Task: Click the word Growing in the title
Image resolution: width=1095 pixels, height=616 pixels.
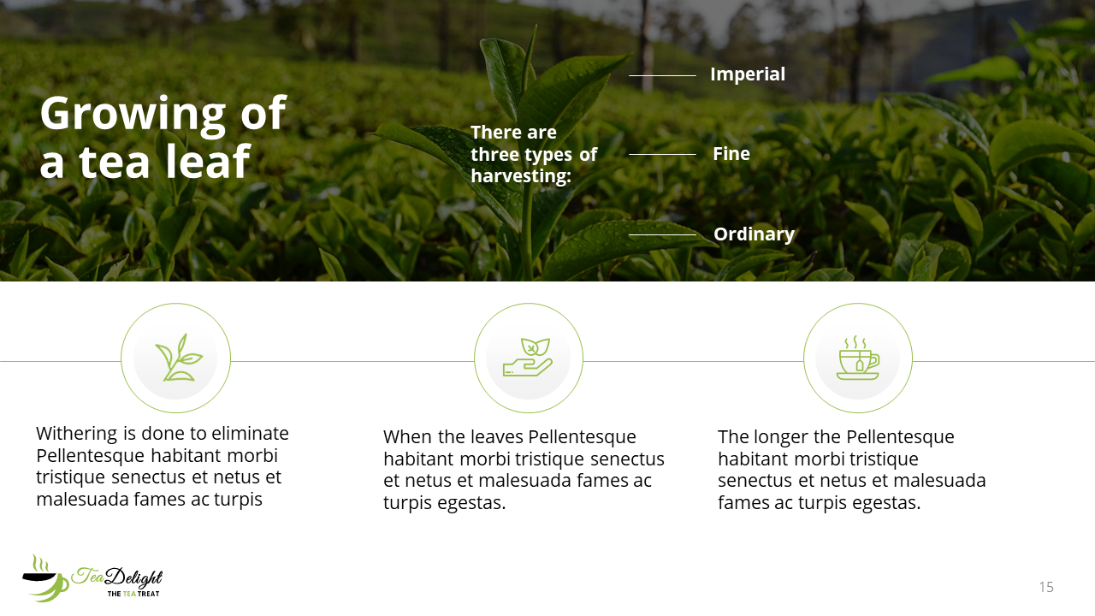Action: pos(133,115)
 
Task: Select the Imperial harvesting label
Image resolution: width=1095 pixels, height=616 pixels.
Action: pos(748,74)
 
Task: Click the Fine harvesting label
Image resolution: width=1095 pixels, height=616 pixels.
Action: pos(731,154)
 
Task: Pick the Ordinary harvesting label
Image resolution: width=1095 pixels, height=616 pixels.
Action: pos(754,234)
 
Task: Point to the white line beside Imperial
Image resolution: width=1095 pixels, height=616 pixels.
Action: pos(662,76)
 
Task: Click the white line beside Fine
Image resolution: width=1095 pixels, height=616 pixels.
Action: pos(662,155)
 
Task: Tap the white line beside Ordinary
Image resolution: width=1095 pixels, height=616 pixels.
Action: pos(662,235)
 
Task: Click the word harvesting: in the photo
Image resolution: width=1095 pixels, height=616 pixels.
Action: pos(521,176)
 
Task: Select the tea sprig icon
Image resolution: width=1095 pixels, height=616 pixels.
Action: pos(178,358)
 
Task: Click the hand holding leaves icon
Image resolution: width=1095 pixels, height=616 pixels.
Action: pos(528,358)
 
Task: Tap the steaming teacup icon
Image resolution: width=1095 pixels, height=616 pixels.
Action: pos(858,358)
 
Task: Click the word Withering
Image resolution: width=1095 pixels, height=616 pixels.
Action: pos(77,434)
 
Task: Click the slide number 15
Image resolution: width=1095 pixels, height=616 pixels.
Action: pos(1046,587)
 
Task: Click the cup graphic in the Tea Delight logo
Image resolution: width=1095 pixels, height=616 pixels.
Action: pos(45,579)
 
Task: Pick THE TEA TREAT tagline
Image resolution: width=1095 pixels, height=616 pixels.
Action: pos(133,594)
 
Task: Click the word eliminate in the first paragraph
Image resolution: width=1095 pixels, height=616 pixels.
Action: pos(250,434)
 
